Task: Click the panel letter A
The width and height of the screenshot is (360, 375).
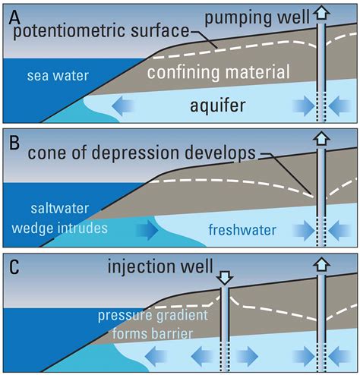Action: coord(12,14)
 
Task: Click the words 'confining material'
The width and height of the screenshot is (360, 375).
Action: coord(219,74)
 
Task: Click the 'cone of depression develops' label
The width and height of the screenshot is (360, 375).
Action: coord(142,154)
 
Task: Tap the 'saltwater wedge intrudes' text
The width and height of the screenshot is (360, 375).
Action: coord(68,218)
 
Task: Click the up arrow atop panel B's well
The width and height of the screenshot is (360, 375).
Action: coord(322,140)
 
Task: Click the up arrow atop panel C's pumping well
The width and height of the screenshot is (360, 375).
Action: coord(322,266)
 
